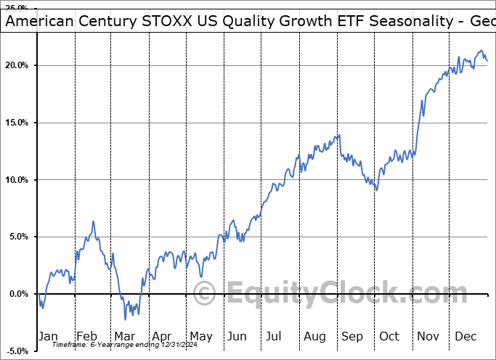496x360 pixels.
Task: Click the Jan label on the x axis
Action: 47,335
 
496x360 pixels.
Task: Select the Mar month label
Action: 124,335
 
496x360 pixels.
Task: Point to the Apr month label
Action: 161,335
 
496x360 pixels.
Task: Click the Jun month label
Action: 237,335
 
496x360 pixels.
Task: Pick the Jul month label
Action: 275,335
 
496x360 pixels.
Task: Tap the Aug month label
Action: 314,335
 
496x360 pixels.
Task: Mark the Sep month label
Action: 351,335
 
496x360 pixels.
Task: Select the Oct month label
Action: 389,335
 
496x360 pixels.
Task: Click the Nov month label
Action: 427,335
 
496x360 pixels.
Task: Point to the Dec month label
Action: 466,335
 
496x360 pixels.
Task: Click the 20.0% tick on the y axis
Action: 16,66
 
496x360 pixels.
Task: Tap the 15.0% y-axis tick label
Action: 16,123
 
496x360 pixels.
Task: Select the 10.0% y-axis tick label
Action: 16,180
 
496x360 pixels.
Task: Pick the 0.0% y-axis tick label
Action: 17,294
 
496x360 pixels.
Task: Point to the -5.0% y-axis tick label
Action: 16,351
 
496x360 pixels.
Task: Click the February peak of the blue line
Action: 93,221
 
